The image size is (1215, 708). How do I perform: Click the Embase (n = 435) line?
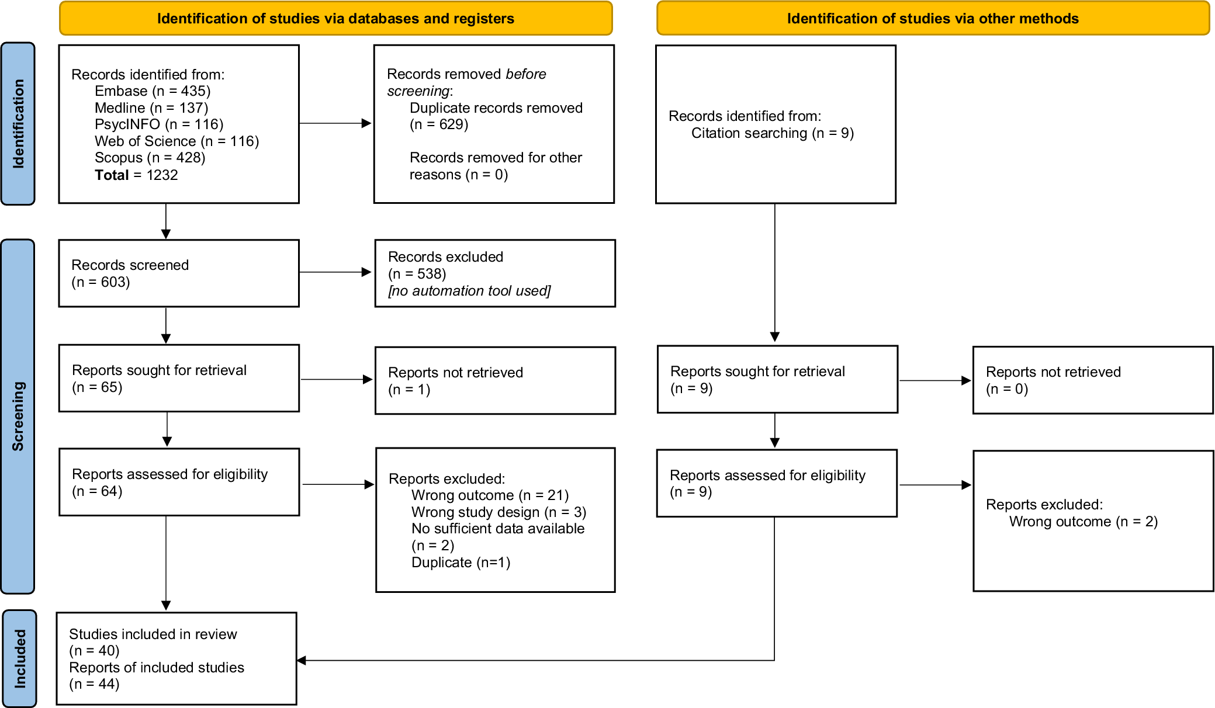coord(153,91)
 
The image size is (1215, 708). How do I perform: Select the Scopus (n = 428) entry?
coord(150,158)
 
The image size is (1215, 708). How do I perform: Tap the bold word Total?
coord(112,175)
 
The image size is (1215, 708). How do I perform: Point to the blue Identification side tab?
coord(18,124)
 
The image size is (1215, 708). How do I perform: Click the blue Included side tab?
coord(20,658)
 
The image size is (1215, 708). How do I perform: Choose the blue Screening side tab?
coord(18,417)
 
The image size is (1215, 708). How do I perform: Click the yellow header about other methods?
coord(933,18)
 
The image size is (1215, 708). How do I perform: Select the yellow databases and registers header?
coord(336,18)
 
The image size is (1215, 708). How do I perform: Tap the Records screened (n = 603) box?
coord(179,273)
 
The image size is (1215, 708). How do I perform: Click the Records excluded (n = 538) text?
coord(445,265)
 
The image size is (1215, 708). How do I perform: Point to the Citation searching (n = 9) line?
coord(773,133)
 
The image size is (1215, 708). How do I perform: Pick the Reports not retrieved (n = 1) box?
coord(495,381)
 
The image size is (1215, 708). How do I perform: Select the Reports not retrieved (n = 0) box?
coord(1093,380)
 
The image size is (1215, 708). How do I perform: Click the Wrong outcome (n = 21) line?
coord(490,495)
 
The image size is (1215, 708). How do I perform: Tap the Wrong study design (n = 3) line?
coord(499,512)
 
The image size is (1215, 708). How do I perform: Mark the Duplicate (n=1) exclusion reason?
coord(461,563)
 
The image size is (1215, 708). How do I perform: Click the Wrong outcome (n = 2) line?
coord(1084,522)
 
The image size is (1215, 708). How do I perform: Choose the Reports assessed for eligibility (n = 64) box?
coord(179,483)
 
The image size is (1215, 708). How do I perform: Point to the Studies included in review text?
coord(153,634)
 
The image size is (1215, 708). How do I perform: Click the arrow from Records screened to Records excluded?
coord(335,272)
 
